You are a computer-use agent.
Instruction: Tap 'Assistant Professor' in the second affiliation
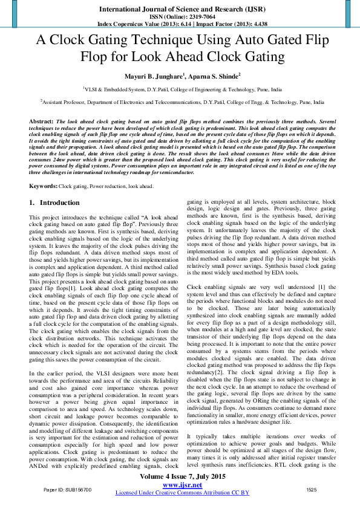point(64,103)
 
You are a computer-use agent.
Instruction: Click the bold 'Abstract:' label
point(41,122)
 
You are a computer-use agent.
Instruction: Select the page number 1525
point(312,488)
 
